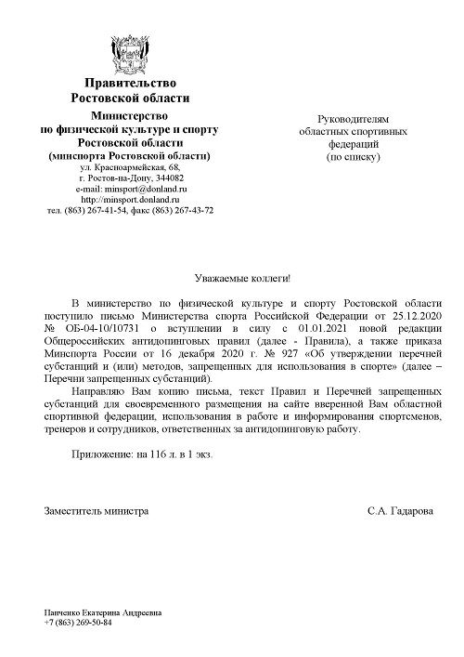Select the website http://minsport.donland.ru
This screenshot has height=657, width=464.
pyautogui.click(x=130, y=199)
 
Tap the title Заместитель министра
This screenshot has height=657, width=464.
pyautogui.click(x=96, y=511)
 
